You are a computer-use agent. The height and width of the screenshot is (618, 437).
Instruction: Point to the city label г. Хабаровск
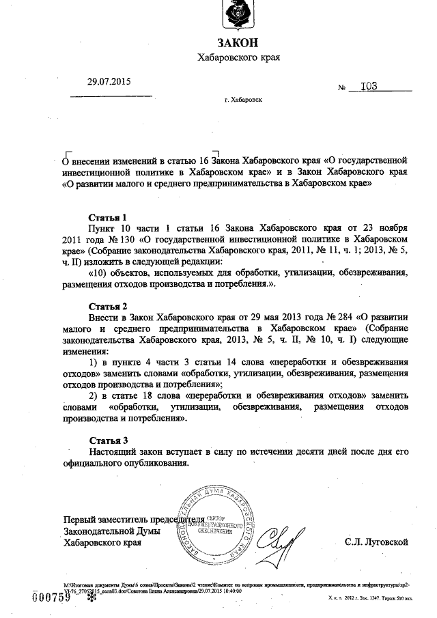click(x=243, y=100)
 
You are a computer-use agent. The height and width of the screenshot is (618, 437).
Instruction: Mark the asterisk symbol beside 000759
click(x=84, y=599)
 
